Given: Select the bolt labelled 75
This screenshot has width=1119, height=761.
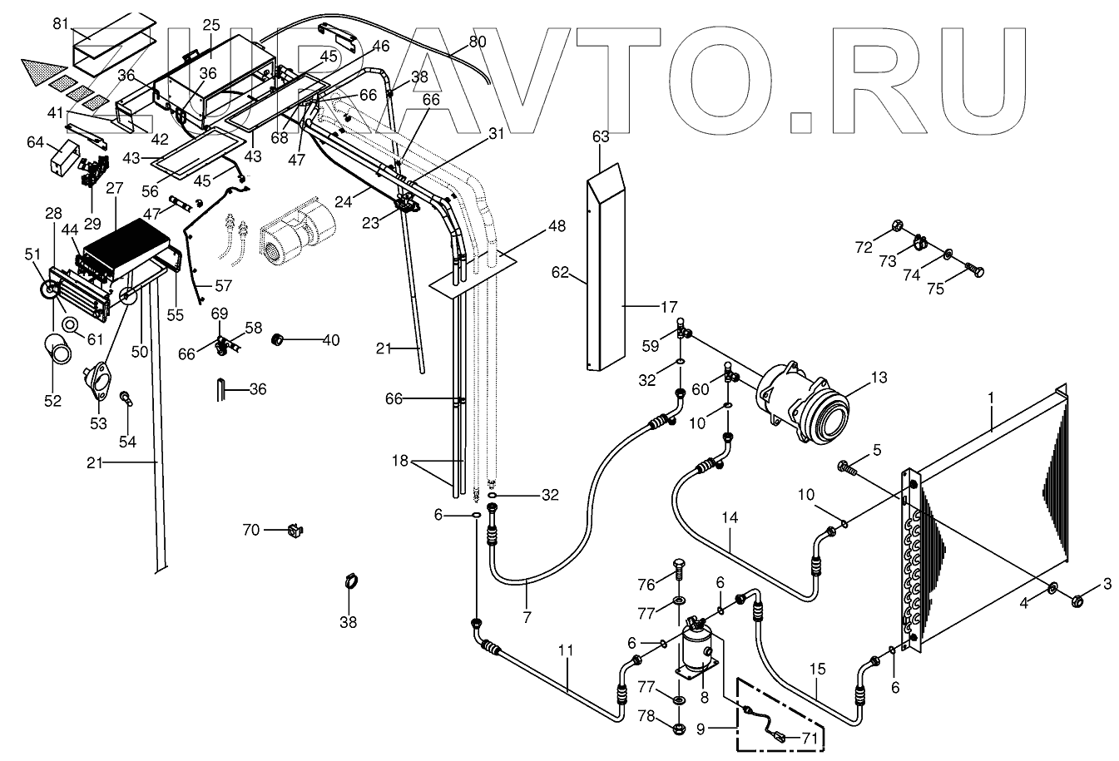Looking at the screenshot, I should (x=975, y=270).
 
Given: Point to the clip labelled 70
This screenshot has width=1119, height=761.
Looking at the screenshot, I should (x=293, y=528).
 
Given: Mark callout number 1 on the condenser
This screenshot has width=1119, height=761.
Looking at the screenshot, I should (x=991, y=398).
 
